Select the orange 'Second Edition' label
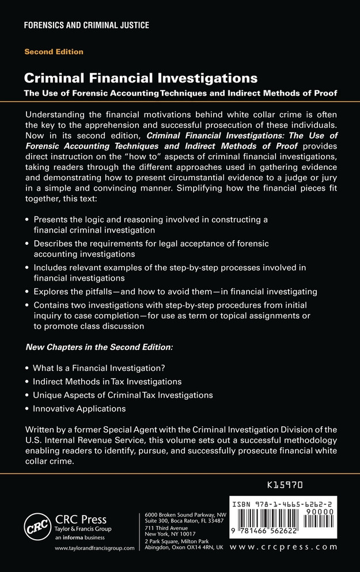[54, 52]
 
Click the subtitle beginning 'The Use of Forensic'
[180, 92]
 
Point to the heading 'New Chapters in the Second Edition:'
[99, 348]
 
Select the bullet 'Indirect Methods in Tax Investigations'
[108, 381]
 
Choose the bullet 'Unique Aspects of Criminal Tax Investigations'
[123, 395]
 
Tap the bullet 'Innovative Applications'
[79, 409]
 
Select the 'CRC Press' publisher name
[81, 520]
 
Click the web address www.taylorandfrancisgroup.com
[94, 548]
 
